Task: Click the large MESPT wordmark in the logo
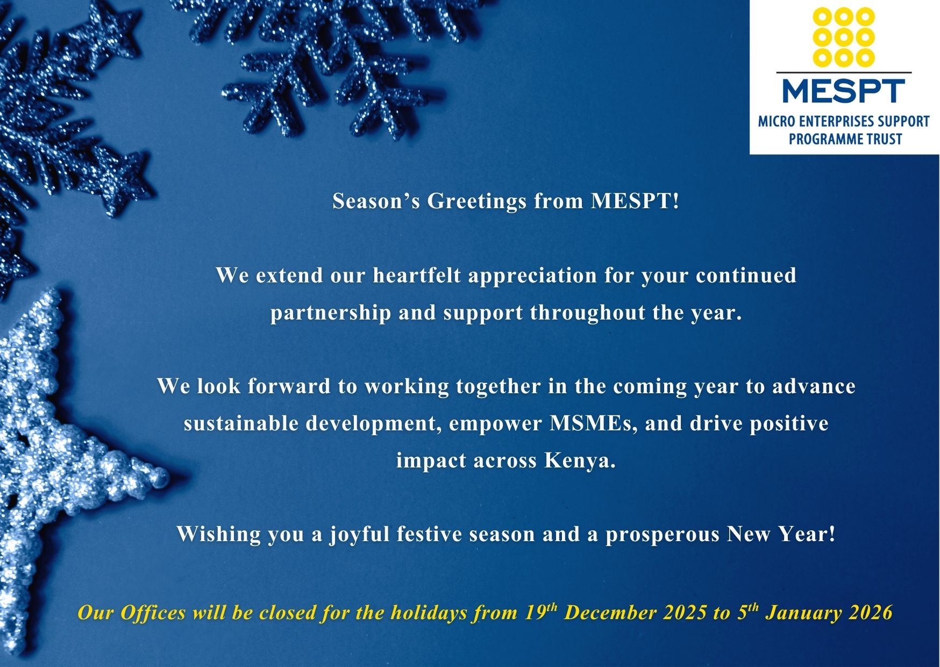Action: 844,91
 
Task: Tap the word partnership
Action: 331,313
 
